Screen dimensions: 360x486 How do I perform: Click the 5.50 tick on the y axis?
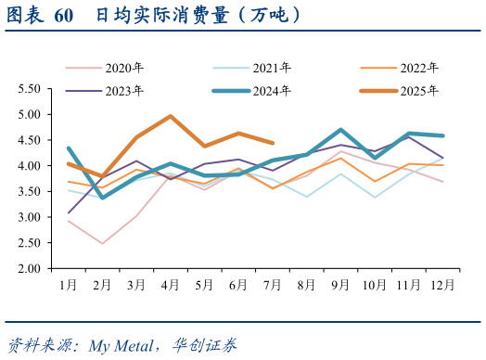click(x=29, y=89)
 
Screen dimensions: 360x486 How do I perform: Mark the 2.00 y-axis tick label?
click(x=29, y=269)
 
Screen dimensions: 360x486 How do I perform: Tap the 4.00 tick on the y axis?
click(x=29, y=166)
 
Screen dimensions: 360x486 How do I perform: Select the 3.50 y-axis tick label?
click(x=29, y=192)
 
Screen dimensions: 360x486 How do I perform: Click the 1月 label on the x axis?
click(x=69, y=284)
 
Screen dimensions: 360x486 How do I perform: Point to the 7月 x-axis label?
click(x=272, y=284)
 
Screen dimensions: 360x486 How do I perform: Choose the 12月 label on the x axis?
click(x=442, y=284)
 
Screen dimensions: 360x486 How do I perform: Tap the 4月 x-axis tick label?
click(x=171, y=284)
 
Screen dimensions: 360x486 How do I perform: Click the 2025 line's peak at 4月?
click(x=171, y=116)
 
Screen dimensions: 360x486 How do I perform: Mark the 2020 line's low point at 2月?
click(x=103, y=244)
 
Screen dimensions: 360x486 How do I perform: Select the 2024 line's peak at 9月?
click(x=341, y=130)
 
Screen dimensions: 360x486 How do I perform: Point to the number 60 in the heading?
click(x=64, y=17)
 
